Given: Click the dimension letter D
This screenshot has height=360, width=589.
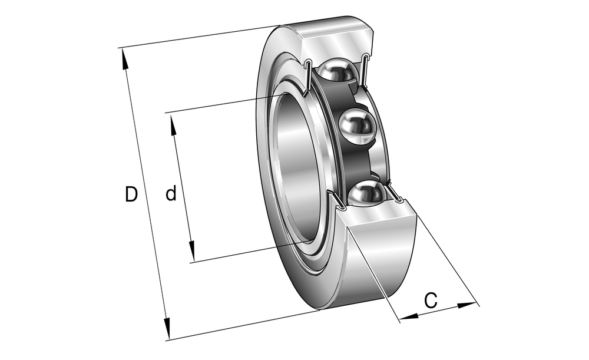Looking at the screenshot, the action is [x=131, y=194].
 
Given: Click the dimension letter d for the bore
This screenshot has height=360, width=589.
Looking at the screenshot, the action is [x=171, y=193].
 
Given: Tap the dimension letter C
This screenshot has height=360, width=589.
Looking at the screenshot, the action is [x=431, y=300].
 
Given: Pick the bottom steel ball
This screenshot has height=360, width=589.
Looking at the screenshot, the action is [x=367, y=193].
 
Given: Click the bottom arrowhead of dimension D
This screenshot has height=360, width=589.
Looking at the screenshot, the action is [x=167, y=328].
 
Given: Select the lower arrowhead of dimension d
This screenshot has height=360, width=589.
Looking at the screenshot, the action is [x=191, y=252].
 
